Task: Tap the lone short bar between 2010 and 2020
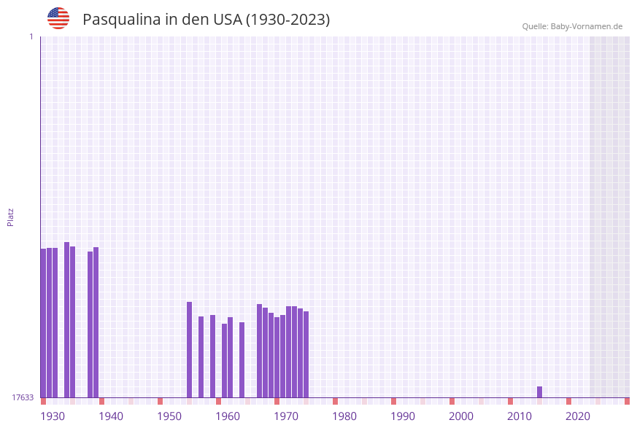539,392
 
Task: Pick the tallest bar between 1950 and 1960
189,349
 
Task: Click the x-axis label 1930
53,416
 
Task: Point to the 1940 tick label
111,416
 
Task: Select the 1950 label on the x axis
169,416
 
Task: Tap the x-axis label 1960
228,416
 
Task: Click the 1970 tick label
286,416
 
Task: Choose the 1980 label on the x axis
344,416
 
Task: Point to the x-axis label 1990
403,416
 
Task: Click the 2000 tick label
461,416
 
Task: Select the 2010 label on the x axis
520,416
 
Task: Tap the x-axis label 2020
578,416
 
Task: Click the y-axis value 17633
23,397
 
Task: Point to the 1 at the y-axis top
31,36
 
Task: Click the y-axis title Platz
11,217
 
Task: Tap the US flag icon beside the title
58,18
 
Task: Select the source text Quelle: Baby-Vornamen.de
572,26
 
